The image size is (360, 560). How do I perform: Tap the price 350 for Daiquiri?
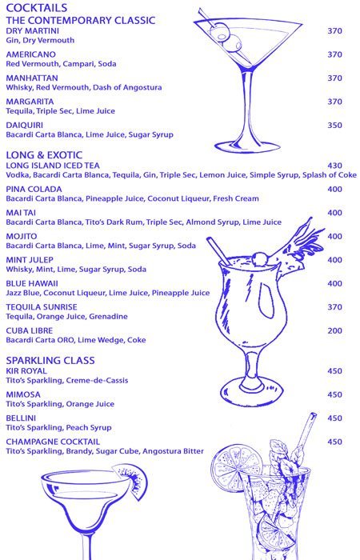[x=334, y=126]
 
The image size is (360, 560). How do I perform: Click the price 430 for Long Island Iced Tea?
[x=334, y=166]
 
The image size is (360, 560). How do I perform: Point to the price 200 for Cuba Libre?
[x=334, y=330]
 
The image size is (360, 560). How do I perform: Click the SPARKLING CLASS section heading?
[x=50, y=360]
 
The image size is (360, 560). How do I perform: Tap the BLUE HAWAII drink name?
[x=31, y=283]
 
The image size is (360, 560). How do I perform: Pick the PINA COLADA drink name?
[x=31, y=190]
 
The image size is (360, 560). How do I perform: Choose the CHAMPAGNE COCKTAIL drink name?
[x=52, y=442]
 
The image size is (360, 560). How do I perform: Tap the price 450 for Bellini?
[x=334, y=418]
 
